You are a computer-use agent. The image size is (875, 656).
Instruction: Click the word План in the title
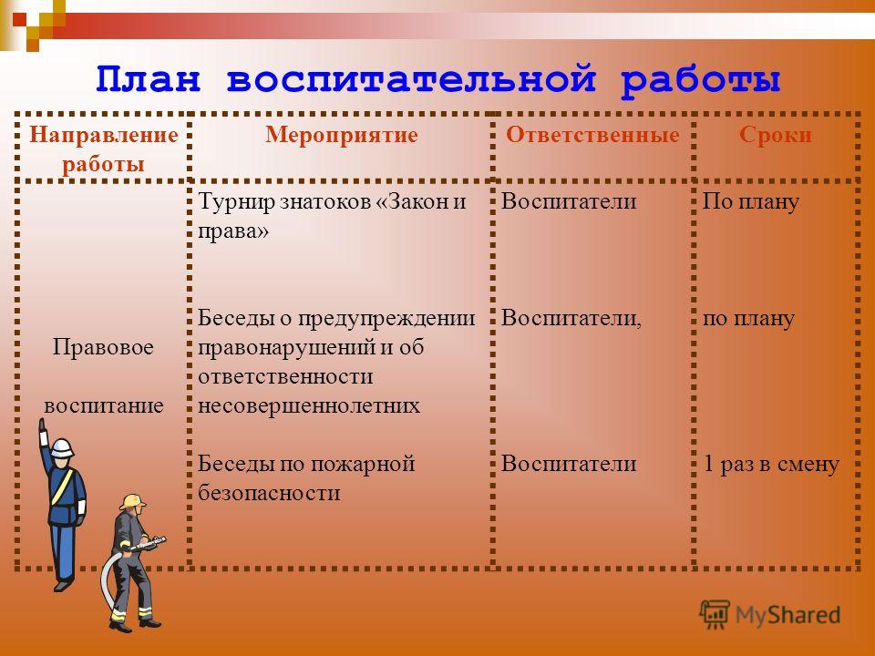[148, 78]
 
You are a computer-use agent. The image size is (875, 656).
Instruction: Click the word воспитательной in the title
[412, 80]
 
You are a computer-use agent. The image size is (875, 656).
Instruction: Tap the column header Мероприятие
[342, 135]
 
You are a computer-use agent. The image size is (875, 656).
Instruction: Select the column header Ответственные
[592, 135]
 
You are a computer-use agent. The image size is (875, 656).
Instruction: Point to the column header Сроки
[775, 135]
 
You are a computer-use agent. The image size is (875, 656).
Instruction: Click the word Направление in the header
[104, 135]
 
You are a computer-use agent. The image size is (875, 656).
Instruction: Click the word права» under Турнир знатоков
[233, 231]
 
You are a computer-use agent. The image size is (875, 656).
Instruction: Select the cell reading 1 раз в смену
[771, 465]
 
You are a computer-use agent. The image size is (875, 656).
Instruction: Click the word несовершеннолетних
[309, 405]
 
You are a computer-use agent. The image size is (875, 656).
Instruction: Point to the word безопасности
[269, 493]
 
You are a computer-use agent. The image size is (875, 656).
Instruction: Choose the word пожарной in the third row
[362, 465]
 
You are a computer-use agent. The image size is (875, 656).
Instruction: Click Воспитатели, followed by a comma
[571, 319]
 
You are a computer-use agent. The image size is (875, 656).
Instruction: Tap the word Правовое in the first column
[103, 347]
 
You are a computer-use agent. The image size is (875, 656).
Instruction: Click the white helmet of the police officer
[62, 448]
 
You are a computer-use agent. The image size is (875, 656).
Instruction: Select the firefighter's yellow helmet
[132, 501]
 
